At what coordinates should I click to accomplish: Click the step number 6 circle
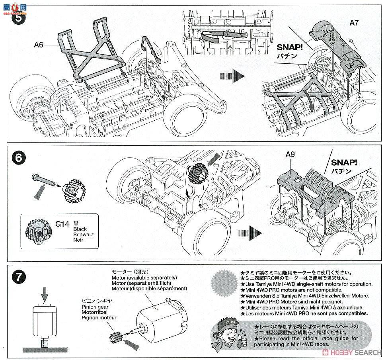19,158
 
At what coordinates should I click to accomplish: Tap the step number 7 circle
19,277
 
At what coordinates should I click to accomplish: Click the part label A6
39,45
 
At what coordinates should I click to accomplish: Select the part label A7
354,23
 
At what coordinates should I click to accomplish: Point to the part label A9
290,154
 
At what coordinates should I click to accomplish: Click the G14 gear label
62,224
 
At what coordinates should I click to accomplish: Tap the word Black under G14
80,229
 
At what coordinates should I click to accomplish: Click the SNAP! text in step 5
290,47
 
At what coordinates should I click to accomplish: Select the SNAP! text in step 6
344,162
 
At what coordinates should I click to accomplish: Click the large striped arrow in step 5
232,76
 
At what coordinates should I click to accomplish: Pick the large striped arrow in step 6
250,233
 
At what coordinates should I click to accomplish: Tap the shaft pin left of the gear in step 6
43,180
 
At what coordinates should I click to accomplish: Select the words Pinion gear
95,307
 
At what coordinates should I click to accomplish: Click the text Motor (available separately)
144,278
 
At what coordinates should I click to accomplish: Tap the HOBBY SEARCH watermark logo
353,352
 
